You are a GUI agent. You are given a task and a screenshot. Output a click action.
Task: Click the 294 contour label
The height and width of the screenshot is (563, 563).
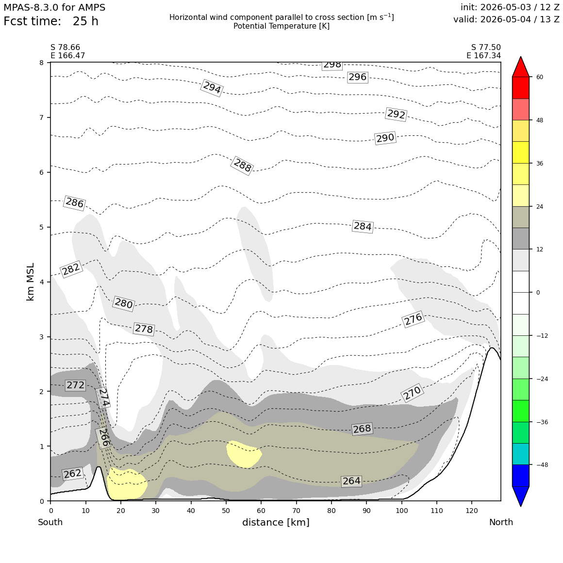pyautogui.click(x=212, y=88)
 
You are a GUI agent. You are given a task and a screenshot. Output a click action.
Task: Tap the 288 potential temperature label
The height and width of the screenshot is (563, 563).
pyautogui.click(x=243, y=166)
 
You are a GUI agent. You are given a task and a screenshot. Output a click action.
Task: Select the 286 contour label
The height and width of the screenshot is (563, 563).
pyautogui.click(x=74, y=203)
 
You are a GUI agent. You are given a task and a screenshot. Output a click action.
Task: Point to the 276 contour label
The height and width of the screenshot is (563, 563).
pyautogui.click(x=414, y=319)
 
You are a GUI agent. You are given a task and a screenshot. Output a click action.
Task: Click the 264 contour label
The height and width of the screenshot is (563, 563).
pyautogui.click(x=351, y=481)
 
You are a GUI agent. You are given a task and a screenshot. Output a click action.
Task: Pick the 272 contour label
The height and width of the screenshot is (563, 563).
pyautogui.click(x=75, y=385)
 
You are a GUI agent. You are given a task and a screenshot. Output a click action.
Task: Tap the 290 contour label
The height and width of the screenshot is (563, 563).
pyautogui.click(x=385, y=138)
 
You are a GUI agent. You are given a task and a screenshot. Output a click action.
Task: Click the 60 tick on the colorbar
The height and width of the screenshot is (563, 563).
pyautogui.click(x=540, y=77)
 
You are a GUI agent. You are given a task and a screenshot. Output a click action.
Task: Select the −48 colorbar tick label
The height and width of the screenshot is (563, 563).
pyautogui.click(x=542, y=465)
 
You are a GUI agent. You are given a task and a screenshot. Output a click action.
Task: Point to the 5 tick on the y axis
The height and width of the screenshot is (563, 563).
pyautogui.click(x=42, y=227)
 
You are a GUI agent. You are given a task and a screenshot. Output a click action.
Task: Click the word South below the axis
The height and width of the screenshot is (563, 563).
pyautogui.click(x=50, y=522)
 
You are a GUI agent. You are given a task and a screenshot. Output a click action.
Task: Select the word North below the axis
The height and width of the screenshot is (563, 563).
pyautogui.click(x=501, y=522)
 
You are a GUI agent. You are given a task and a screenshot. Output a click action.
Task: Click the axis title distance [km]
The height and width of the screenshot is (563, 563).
pyautogui.click(x=276, y=522)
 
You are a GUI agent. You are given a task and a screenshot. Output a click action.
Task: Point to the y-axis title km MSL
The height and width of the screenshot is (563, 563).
pyautogui.click(x=31, y=282)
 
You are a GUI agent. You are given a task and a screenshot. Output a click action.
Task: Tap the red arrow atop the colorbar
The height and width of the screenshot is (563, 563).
pyautogui.click(x=521, y=66)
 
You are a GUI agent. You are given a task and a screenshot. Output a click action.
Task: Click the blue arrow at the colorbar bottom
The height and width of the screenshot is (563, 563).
pyautogui.click(x=521, y=496)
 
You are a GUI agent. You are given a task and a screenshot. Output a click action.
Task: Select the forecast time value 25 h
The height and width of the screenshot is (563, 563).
pyautogui.click(x=85, y=21)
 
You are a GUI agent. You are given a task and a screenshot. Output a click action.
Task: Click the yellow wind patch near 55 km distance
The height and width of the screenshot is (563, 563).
pyautogui.click(x=244, y=454)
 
